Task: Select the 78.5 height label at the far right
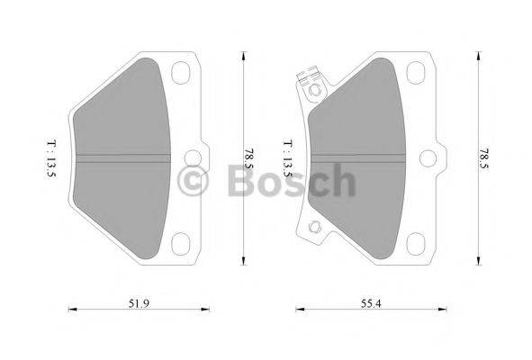pos(484,158)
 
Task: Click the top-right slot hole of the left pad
pos(183,72)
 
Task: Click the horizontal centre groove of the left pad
pos(122,156)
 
